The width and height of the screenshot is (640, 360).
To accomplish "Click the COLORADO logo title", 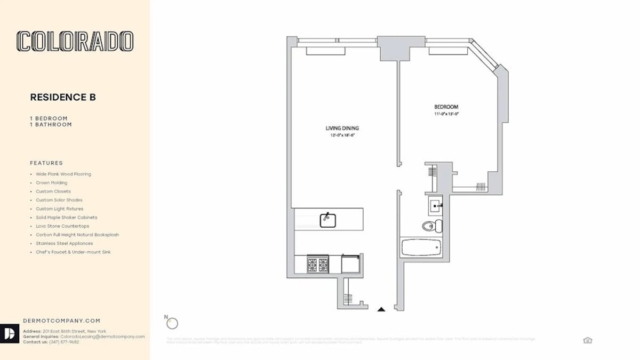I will tap(75, 42).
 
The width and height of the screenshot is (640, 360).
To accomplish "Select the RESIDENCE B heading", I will tap(62, 97).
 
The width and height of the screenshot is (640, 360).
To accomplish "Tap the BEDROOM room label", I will tap(446, 107).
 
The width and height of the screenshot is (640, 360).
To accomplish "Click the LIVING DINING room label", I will tap(342, 128).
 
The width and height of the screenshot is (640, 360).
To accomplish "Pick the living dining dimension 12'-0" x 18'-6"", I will tap(342, 135).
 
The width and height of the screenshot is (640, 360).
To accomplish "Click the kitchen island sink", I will tap(327, 220).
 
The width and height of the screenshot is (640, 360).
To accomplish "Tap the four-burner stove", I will tap(317, 264).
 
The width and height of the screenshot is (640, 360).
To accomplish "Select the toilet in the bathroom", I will tap(431, 227).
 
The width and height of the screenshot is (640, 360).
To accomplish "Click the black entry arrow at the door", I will tap(381, 309).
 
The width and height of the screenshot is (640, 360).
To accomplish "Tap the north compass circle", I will tap(172, 323).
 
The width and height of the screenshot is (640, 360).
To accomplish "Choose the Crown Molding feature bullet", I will tap(51, 183).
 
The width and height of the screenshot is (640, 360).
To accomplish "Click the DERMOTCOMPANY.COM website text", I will tap(61, 321).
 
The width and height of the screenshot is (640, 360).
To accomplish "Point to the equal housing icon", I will tap(587, 340).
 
